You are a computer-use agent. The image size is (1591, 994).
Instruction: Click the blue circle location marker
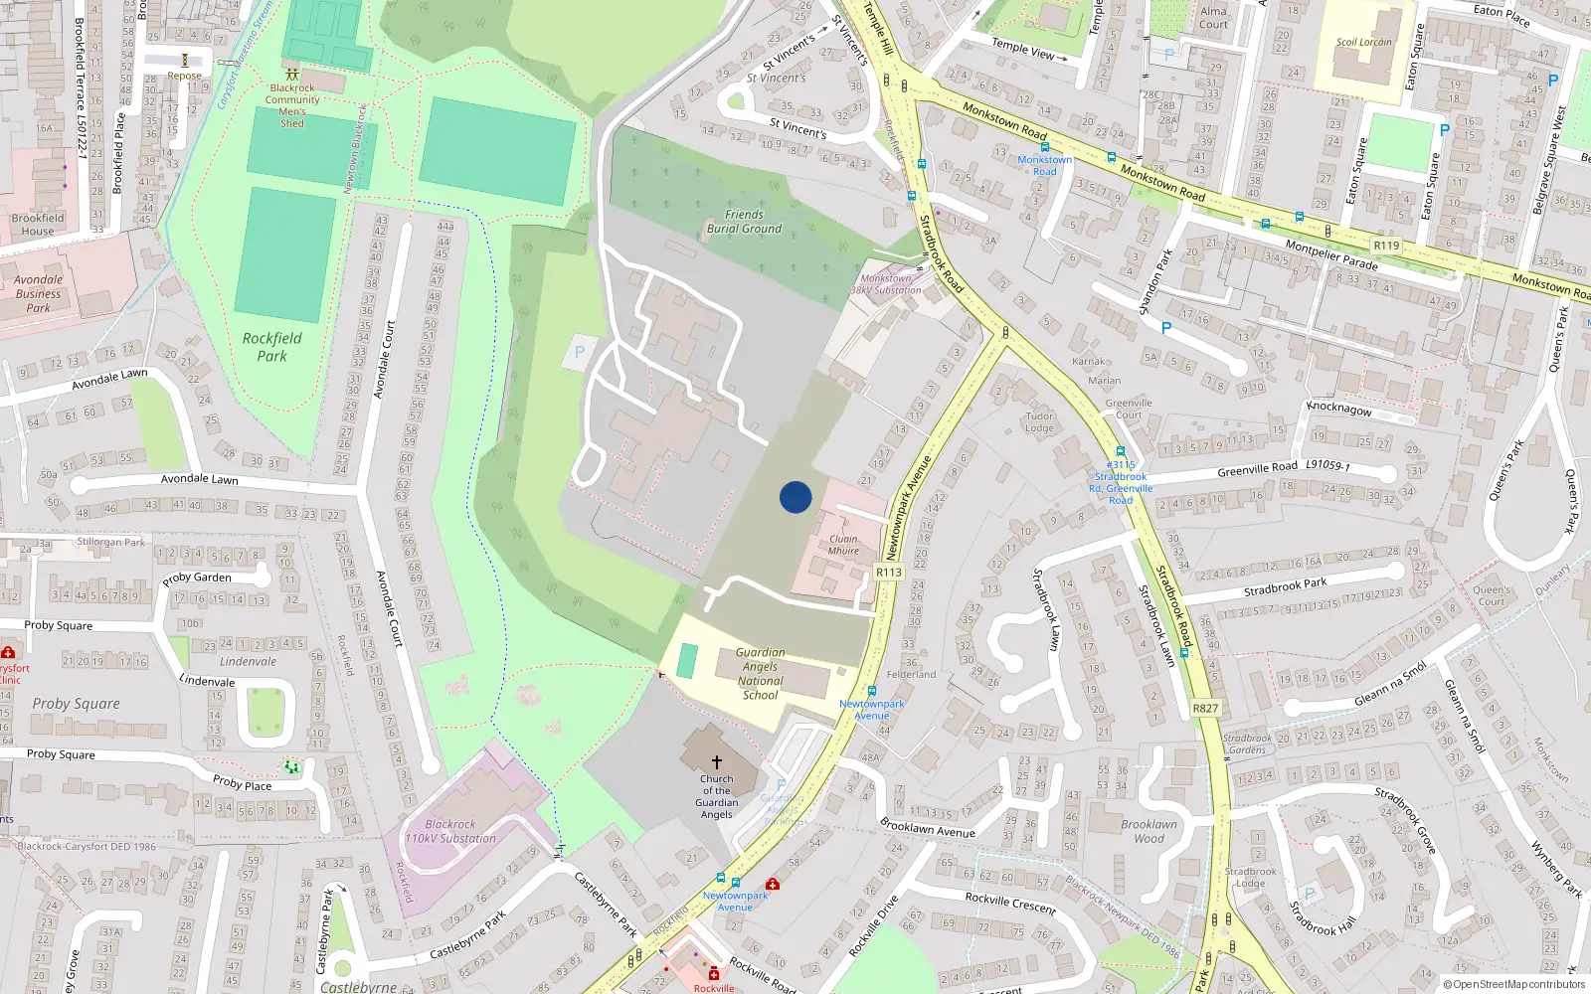point(795,497)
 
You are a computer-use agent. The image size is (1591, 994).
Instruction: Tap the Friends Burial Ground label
point(744,222)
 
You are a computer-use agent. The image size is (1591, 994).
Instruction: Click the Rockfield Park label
point(271,347)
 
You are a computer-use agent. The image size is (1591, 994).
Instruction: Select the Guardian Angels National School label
point(761,674)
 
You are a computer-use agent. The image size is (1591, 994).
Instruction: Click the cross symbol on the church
point(716,761)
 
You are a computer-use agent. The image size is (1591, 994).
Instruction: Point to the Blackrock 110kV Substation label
point(450,831)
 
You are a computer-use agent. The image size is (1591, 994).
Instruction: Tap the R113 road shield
point(888,573)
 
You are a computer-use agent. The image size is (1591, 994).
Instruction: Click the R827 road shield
point(1205,709)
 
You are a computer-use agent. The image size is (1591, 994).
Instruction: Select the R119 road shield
point(1386,246)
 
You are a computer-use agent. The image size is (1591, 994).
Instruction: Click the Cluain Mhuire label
point(843,545)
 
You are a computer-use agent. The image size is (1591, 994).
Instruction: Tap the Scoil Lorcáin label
point(1364,43)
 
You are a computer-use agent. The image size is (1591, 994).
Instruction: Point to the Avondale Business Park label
point(38,294)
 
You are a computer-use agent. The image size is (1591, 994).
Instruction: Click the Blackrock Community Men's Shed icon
point(292,74)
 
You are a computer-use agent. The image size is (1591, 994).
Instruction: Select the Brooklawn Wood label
point(1149,831)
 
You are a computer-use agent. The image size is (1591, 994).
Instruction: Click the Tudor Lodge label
point(1039,422)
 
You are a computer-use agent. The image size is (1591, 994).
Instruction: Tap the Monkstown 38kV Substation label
point(886,284)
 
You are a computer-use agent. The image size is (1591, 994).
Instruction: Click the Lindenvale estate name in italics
point(248,662)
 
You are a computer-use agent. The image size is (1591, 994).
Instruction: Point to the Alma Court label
point(1213,18)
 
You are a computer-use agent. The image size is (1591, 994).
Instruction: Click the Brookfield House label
point(38,225)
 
